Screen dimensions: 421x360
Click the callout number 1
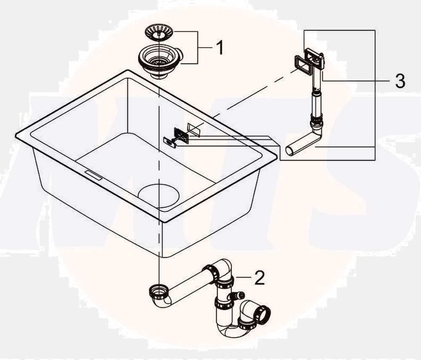[x=220, y=48]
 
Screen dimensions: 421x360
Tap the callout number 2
[x=259, y=278]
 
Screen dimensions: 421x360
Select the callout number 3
[x=400, y=81]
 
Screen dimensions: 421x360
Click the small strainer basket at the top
[x=159, y=32]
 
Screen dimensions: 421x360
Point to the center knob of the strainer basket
[x=159, y=33]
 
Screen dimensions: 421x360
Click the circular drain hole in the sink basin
[x=159, y=196]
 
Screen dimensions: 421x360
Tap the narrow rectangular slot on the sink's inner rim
[x=93, y=175]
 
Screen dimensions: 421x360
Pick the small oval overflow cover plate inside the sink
[x=170, y=142]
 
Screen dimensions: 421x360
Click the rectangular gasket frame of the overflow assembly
[x=303, y=65]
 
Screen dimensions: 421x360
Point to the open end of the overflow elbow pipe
[x=290, y=151]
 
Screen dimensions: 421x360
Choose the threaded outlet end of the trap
[x=263, y=314]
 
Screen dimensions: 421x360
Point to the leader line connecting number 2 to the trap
[x=243, y=277]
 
